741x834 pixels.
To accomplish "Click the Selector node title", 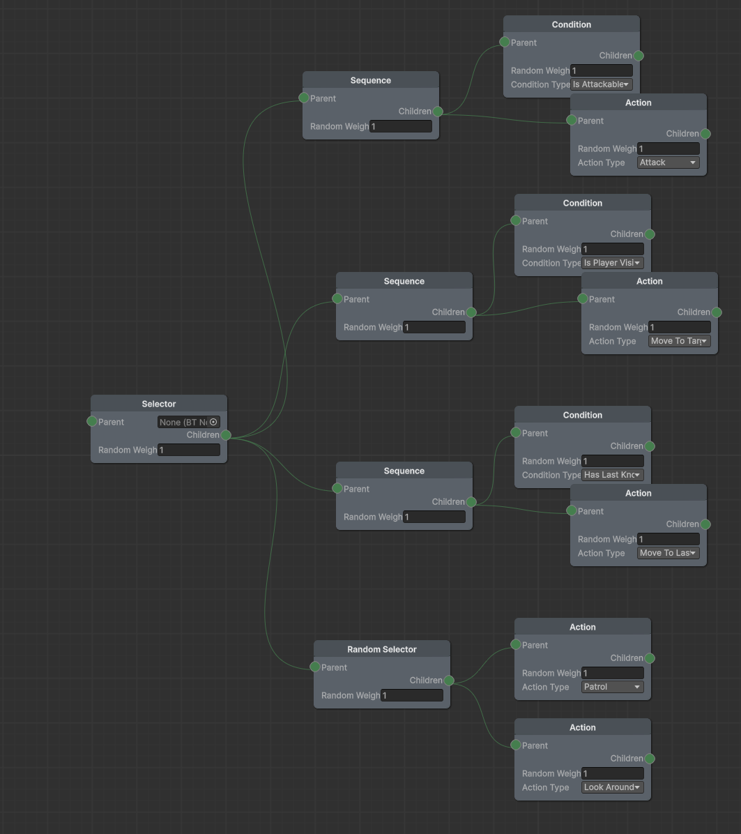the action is tap(159, 404).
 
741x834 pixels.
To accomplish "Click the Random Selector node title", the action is tap(381, 649).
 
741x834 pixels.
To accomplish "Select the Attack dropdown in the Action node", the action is tap(668, 162).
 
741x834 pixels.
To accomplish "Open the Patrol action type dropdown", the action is tap(612, 687).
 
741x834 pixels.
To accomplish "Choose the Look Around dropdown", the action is tap(612, 787).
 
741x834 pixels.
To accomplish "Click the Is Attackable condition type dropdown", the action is tap(602, 84).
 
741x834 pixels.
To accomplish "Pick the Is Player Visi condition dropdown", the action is tap(612, 263).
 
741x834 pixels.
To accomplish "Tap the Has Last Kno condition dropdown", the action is tap(612, 475).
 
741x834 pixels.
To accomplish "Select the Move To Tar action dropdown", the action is tap(679, 341).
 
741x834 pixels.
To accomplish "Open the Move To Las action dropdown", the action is tap(668, 553).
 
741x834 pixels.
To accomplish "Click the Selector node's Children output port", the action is tap(226, 435).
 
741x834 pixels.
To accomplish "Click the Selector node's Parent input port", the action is tap(92, 421).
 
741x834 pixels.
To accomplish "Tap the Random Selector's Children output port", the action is tap(449, 681).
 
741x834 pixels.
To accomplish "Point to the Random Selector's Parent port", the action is tap(315, 667).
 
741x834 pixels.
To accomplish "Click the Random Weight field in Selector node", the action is tap(188, 450).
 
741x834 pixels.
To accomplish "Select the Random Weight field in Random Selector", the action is tap(411, 695).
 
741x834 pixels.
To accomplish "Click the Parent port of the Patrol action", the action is tap(516, 644).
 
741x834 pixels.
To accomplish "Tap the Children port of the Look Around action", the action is tap(650, 759).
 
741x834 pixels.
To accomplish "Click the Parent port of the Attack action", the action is tap(572, 120).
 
